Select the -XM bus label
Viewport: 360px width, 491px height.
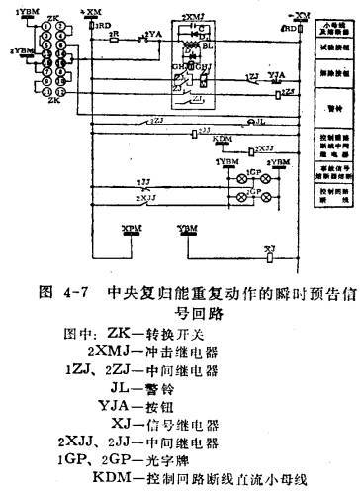pyautogui.click(x=300, y=13)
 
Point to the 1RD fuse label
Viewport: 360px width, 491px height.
pyautogui.click(x=103, y=28)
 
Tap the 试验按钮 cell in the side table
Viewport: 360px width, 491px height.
pyautogui.click(x=333, y=47)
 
